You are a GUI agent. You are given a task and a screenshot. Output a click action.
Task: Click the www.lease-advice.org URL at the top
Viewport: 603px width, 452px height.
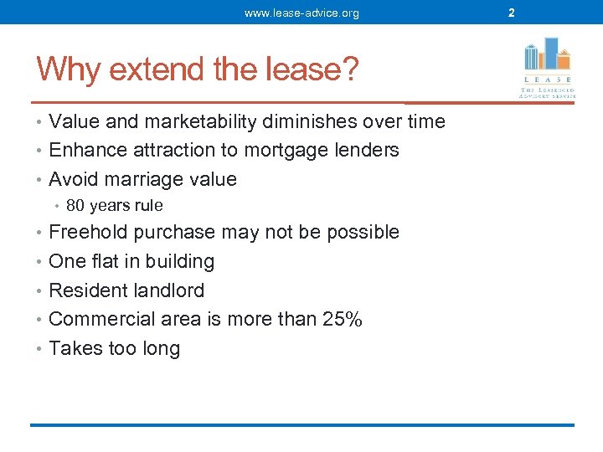click(301, 13)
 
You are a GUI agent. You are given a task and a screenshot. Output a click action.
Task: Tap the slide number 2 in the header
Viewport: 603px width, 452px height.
click(511, 13)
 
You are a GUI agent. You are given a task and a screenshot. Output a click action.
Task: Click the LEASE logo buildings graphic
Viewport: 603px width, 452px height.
click(546, 54)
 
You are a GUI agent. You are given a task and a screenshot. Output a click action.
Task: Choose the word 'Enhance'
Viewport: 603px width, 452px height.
click(83, 151)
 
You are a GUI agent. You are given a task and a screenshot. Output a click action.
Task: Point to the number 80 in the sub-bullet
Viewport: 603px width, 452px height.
click(75, 206)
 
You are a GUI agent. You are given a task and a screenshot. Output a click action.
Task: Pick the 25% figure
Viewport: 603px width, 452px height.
click(343, 320)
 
